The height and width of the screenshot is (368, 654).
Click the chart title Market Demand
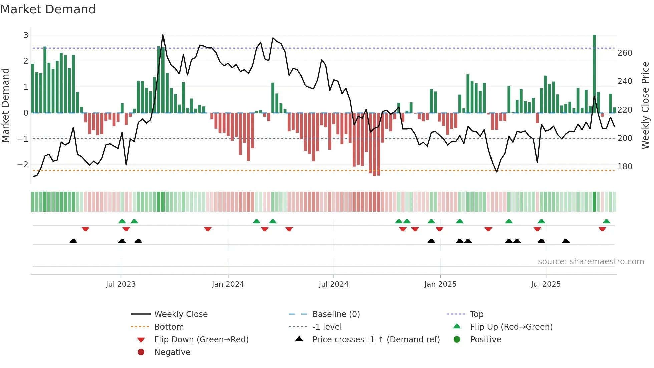coord(48,9)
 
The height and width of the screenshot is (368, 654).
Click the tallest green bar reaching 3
coord(594,73)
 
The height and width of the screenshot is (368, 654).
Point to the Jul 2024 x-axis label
coord(333,284)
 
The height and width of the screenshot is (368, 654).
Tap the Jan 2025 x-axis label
coord(440,284)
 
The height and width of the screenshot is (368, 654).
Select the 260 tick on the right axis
coord(625,53)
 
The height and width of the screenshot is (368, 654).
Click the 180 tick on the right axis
coord(625,167)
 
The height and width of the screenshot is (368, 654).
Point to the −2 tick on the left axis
coord(23,165)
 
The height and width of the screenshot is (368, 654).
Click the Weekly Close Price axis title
coord(645,105)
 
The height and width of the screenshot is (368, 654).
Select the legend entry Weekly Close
coord(181,314)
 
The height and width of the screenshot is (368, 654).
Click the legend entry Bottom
coord(169,327)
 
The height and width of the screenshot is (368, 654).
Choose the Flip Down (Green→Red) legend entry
coord(201,340)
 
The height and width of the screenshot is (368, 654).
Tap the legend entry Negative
coord(172,352)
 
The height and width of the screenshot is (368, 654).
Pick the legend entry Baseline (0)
coord(336,314)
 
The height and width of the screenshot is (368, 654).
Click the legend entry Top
coord(476,314)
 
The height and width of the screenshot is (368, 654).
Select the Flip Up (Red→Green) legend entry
coord(511,327)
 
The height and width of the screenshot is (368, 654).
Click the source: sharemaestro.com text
coord(591,262)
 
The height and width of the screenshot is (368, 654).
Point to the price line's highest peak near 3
coord(163,35)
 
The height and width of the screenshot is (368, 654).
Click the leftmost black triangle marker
coord(73,241)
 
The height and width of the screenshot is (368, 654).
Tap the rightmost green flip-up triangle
coord(606,221)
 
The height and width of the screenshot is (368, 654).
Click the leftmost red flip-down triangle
coord(85,229)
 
